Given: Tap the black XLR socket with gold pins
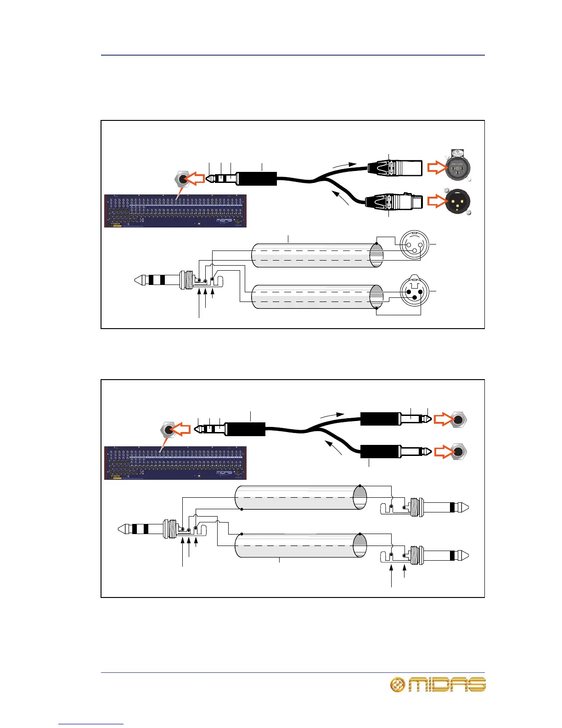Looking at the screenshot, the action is [x=457, y=202].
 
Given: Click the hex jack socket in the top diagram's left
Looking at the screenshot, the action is [x=183, y=179].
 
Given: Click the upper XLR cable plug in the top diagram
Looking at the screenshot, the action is [x=395, y=168].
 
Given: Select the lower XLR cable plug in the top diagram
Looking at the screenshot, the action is [x=392, y=202].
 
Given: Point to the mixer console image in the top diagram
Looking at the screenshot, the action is [x=175, y=211].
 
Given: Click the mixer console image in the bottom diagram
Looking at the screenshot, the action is [x=175, y=463].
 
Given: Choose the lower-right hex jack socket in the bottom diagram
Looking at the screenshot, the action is [x=459, y=452].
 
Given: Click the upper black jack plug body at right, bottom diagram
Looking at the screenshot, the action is [x=379, y=420].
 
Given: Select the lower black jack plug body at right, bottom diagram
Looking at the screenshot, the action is [x=379, y=451].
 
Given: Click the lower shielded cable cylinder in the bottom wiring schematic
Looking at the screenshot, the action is [x=301, y=546].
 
